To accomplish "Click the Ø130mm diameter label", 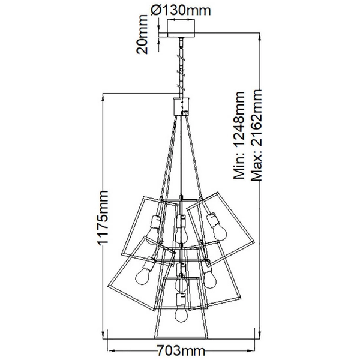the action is point(181,10).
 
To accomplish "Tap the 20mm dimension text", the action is point(142,34).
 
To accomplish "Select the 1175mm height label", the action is point(103,218).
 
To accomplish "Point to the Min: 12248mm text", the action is point(239,135).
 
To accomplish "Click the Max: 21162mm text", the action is point(256,135).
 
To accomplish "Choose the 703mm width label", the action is point(181,351).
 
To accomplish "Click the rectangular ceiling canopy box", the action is point(181,28).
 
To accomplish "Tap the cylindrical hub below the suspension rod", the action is point(181,106).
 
